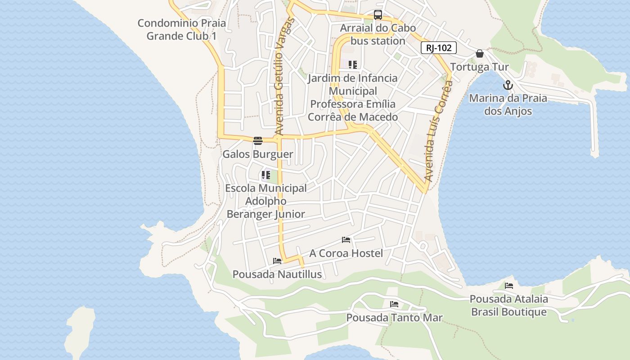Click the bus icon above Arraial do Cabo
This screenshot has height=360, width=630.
[378, 15]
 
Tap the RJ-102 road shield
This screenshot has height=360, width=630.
[439, 48]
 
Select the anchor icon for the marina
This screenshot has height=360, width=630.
[508, 85]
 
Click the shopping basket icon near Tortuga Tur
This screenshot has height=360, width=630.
[480, 54]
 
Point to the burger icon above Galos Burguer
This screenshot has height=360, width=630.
[257, 141]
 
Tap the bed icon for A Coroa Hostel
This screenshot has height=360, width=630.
[346, 240]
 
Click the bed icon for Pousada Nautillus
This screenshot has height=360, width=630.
[277, 261]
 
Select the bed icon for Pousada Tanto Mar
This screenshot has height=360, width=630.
[394, 304]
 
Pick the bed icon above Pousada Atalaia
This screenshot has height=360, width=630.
[509, 285]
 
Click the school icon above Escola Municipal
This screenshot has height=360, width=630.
[266, 175]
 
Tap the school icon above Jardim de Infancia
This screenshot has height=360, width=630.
[353, 65]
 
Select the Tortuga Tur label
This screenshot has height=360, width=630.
[479, 67]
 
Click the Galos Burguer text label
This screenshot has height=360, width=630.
[258, 154]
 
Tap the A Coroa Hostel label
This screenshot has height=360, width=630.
[346, 253]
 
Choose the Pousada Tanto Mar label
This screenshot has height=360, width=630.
[394, 318]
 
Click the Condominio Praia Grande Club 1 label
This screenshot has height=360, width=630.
[182, 29]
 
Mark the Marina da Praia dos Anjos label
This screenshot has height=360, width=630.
[508, 104]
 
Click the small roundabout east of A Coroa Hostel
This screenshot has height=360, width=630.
[423, 246]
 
